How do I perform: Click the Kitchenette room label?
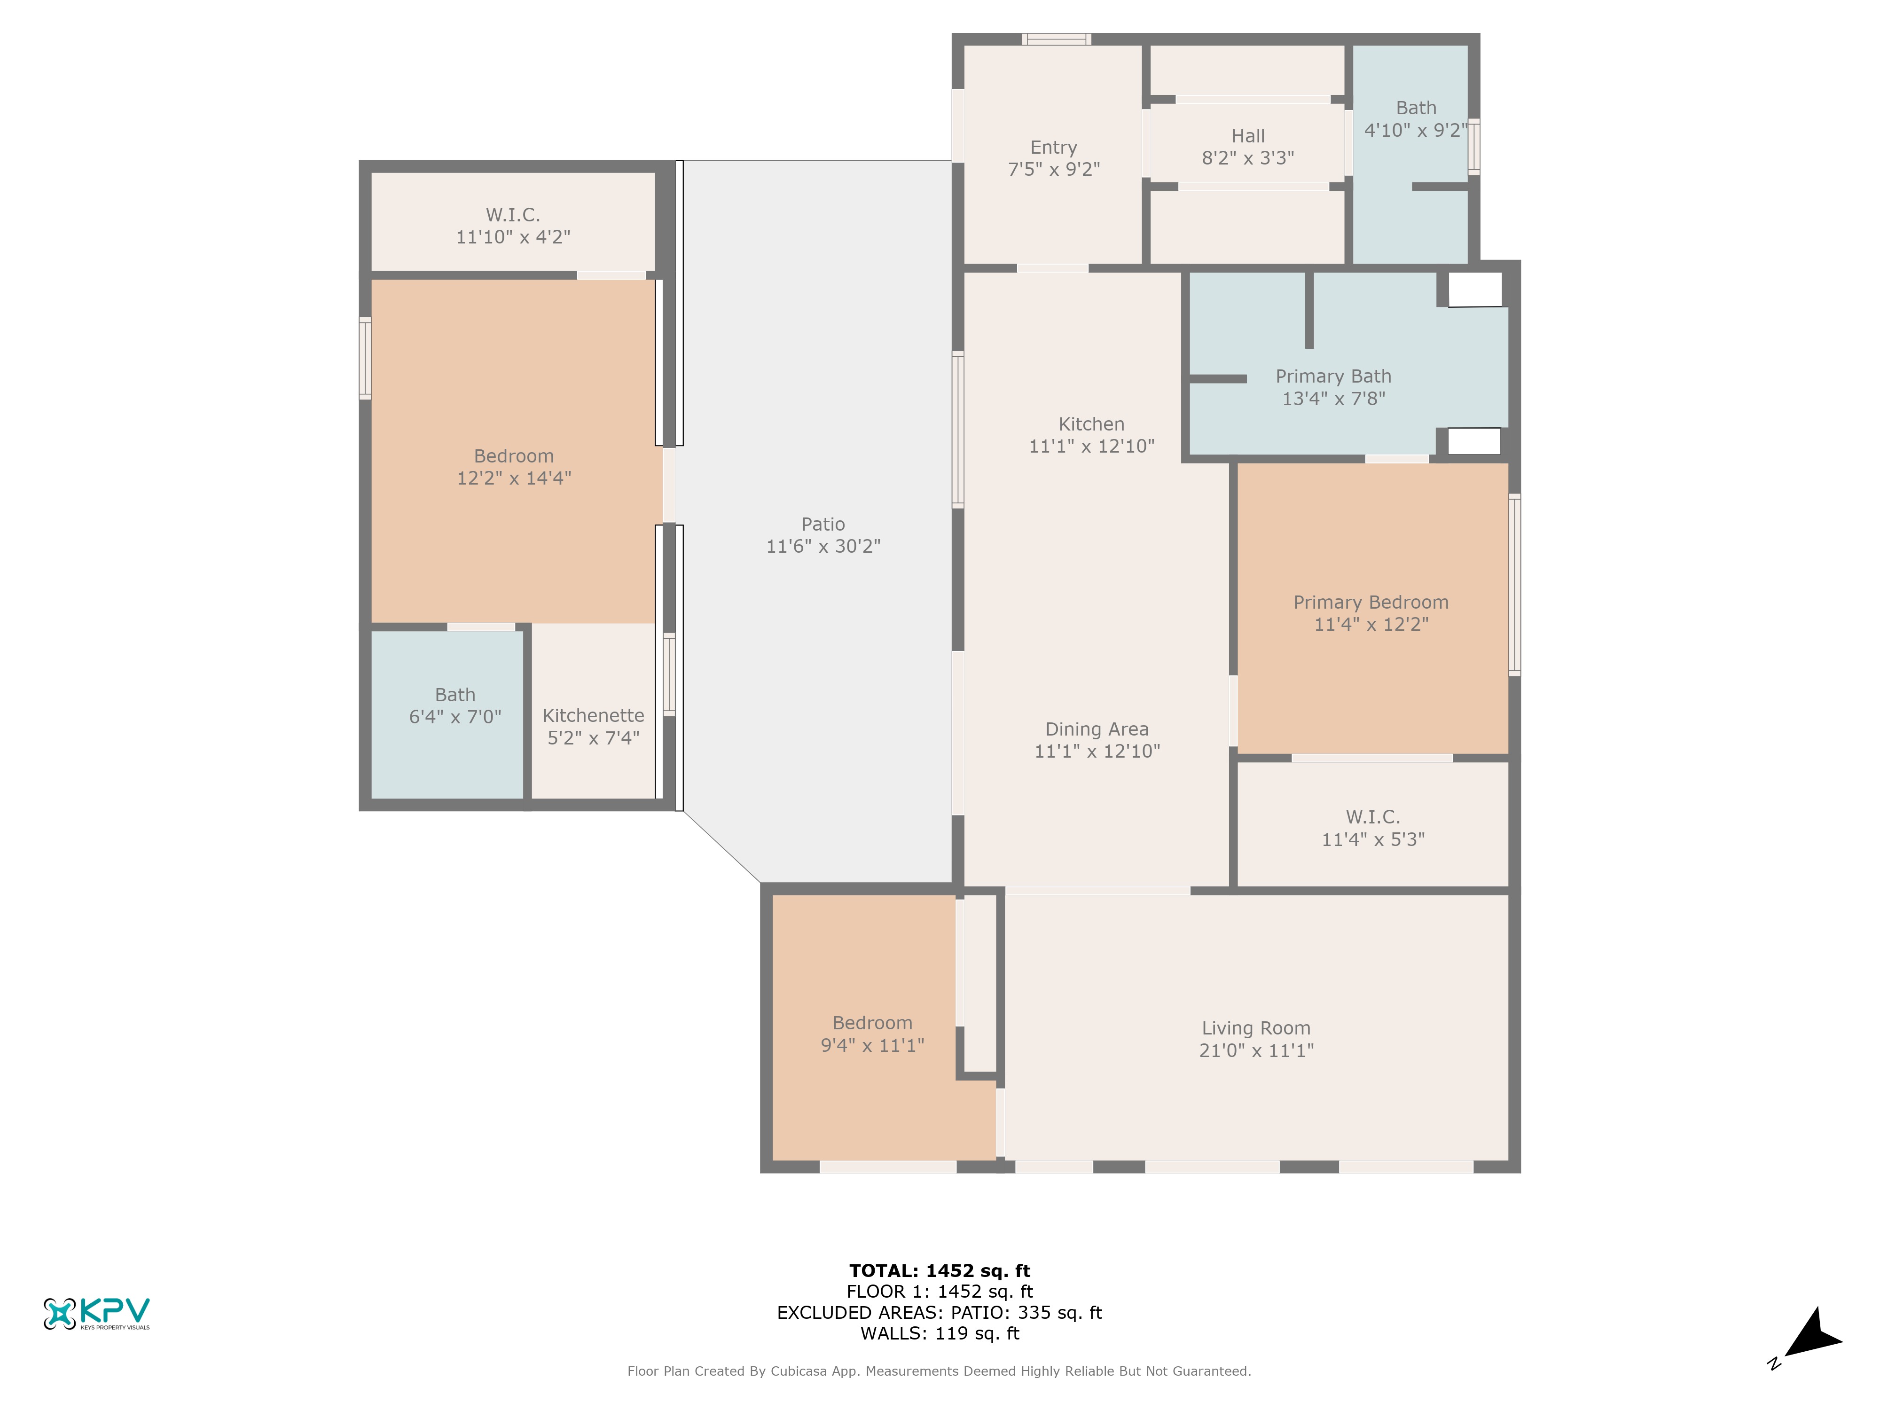pyautogui.click(x=593, y=716)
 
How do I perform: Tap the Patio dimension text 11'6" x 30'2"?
pyautogui.click(x=822, y=547)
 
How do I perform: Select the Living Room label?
pyautogui.click(x=1256, y=1028)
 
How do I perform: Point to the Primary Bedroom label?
pyautogui.click(x=1371, y=603)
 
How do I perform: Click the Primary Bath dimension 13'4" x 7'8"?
pyautogui.click(x=1333, y=399)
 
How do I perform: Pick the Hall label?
pyautogui.click(x=1248, y=136)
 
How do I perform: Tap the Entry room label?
pyautogui.click(x=1054, y=148)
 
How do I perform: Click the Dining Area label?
pyautogui.click(x=1097, y=729)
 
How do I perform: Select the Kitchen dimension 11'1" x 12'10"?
pyautogui.click(x=1091, y=446)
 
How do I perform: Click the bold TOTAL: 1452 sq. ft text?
pyautogui.click(x=939, y=1270)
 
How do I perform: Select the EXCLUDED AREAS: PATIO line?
pyautogui.click(x=939, y=1312)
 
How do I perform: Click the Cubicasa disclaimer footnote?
pyautogui.click(x=939, y=1371)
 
